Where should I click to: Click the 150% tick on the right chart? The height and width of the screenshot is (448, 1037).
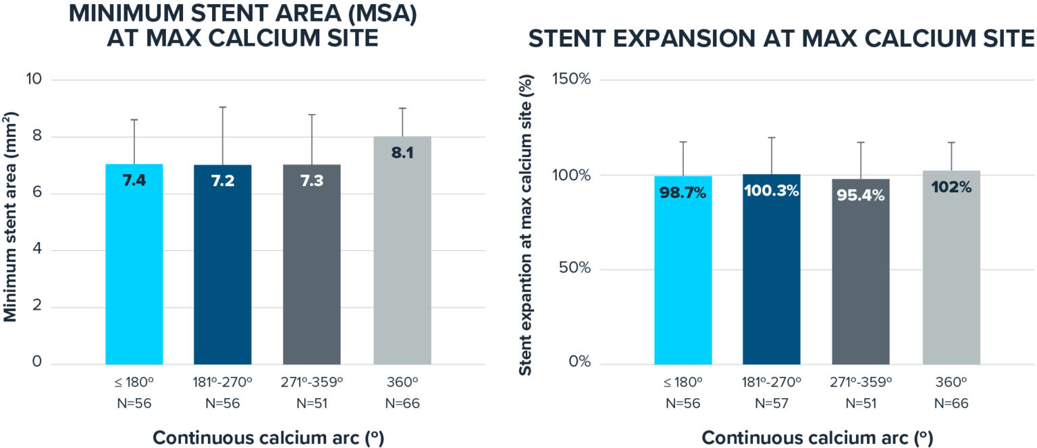tap(573, 79)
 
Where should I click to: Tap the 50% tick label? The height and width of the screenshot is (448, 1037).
tap(575, 269)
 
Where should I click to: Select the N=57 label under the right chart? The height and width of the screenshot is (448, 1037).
tap(771, 403)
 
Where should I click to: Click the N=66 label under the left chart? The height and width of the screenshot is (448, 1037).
tap(402, 403)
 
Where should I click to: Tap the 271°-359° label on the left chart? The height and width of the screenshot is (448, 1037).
tap(312, 382)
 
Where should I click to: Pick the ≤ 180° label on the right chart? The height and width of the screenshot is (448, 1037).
tap(683, 382)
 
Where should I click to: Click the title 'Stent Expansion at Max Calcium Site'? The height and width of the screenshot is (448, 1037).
tap(782, 38)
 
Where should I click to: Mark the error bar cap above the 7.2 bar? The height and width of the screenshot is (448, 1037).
tap(223, 107)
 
